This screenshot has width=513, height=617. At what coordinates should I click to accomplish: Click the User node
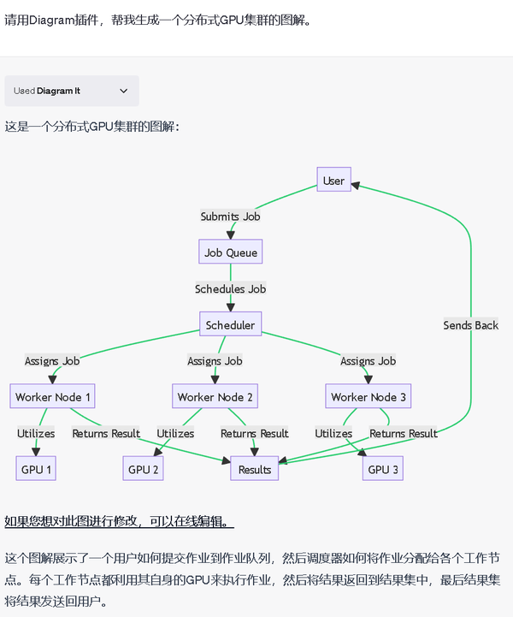[x=333, y=180]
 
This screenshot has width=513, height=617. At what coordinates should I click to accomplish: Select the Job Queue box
[x=230, y=252]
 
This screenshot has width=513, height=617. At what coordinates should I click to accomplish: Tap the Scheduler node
[x=230, y=325]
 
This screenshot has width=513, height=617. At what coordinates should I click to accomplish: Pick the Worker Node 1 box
[x=53, y=397]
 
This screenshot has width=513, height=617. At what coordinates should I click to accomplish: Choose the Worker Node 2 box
[x=215, y=397]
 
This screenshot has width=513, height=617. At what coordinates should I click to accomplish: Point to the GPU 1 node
[x=36, y=469]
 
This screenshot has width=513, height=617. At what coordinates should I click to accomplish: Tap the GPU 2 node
[x=144, y=469]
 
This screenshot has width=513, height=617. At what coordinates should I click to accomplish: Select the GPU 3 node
[x=383, y=469]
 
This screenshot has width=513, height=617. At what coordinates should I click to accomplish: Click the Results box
[x=255, y=469]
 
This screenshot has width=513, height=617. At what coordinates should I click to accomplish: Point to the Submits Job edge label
[x=230, y=217]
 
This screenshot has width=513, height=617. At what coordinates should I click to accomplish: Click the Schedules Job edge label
[x=230, y=289]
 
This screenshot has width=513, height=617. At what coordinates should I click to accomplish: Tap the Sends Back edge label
[x=470, y=325]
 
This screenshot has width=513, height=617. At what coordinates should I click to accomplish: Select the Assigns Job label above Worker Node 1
[x=52, y=361]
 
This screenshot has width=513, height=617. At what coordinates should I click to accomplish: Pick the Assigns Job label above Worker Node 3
[x=368, y=361]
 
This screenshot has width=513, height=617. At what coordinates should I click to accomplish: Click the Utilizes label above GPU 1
[x=36, y=434]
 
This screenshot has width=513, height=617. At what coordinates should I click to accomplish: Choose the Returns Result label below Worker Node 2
[x=255, y=434]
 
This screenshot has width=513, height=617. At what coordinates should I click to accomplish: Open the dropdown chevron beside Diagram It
[x=123, y=91]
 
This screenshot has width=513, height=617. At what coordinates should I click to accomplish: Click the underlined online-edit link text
[x=119, y=521]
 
